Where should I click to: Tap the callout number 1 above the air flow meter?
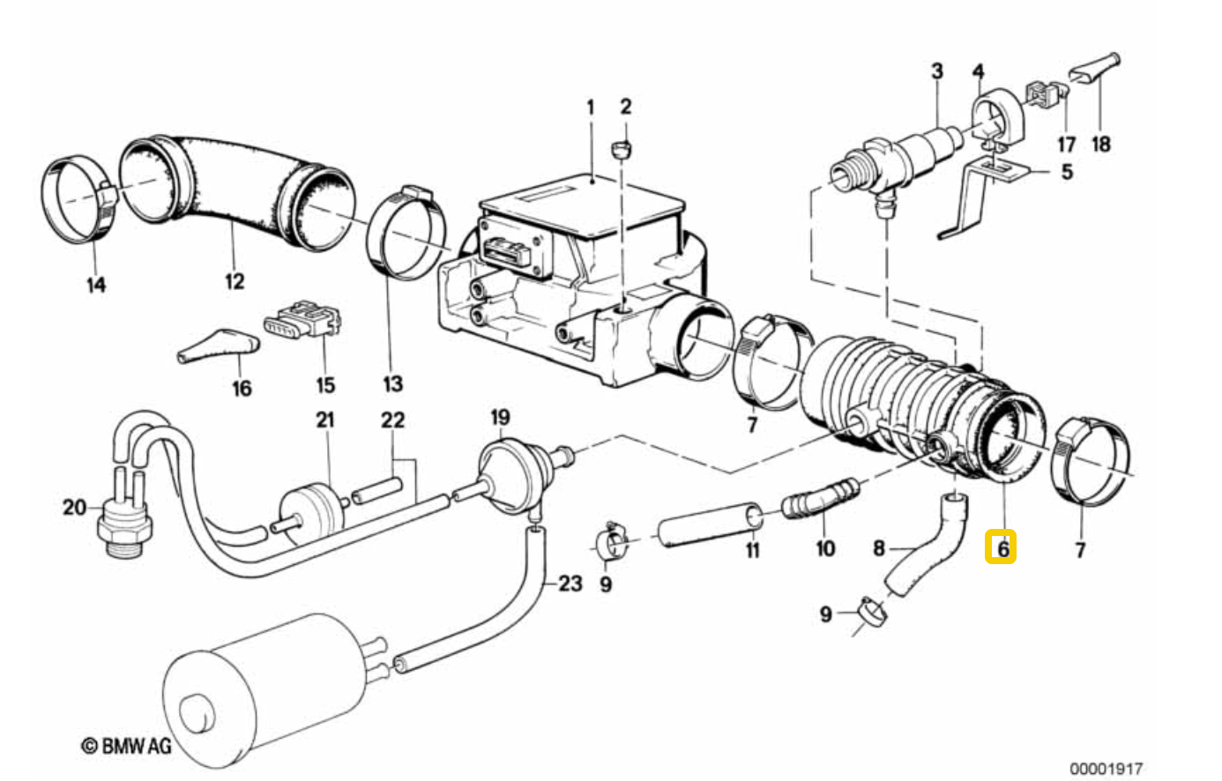pos(590,108)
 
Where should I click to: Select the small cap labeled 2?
pos(621,149)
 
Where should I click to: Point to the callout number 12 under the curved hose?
pos(235,281)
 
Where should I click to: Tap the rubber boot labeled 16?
pos(219,346)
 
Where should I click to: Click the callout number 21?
pos(325,420)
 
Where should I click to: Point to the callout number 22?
pos(393,420)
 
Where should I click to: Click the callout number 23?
pos(570,584)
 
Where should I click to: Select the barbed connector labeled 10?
pos(820,496)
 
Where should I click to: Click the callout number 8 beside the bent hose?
pos(878,548)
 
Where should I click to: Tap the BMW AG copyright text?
pos(126,745)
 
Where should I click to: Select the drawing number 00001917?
pos(1106,769)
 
